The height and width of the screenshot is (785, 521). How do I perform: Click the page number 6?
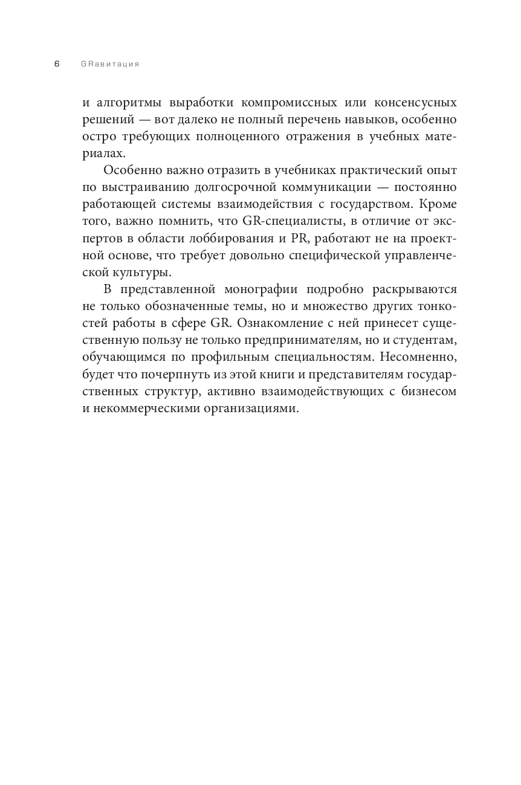click(x=57, y=64)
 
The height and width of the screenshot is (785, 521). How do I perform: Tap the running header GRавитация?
click(x=109, y=64)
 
